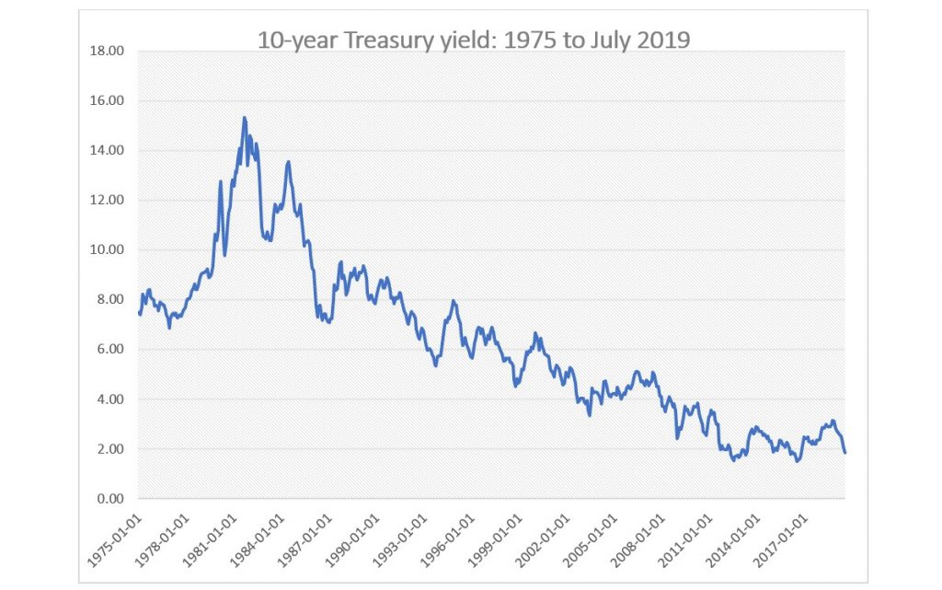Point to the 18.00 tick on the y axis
tap(108, 51)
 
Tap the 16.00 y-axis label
tap(108, 100)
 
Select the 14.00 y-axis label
tap(108, 150)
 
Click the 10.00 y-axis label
tap(108, 249)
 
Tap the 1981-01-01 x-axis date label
tap(212, 538)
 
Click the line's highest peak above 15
tap(244, 118)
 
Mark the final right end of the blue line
tap(844, 452)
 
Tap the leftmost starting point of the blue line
tap(139, 314)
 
